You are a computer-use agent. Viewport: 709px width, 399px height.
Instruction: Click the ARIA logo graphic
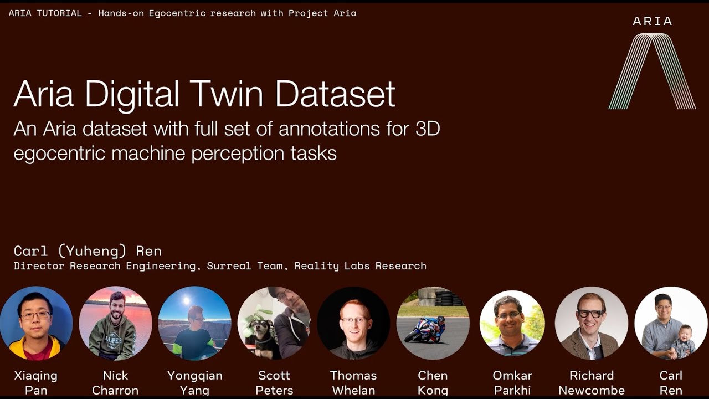pyautogui.click(x=652, y=71)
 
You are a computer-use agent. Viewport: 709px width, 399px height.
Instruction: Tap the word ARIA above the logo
pyautogui.click(x=652, y=21)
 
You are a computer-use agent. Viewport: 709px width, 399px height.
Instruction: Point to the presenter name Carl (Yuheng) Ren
pyautogui.click(x=88, y=251)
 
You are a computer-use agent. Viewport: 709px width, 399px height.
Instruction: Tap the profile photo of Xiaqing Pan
pyautogui.click(x=36, y=323)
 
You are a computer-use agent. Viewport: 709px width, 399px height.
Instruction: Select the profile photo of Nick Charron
pyautogui.click(x=115, y=323)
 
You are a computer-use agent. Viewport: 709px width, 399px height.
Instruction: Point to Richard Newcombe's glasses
pyautogui.click(x=590, y=313)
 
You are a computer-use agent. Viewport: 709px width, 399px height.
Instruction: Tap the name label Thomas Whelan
pyautogui.click(x=353, y=383)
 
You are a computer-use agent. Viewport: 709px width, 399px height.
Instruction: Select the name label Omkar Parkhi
pyautogui.click(x=512, y=383)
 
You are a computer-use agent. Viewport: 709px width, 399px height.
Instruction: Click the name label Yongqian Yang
pyautogui.click(x=195, y=383)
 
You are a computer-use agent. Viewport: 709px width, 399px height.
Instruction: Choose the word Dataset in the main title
pyautogui.click(x=335, y=94)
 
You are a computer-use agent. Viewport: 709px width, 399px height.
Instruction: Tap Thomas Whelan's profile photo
pyautogui.click(x=353, y=323)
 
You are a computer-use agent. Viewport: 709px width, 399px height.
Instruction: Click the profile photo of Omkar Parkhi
pyautogui.click(x=512, y=323)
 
